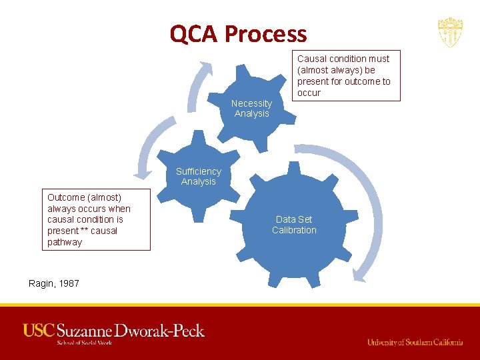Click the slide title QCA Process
coord(238,33)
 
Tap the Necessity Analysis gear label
coord(251,109)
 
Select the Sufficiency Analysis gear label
coord(198,177)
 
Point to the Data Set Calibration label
coord(294,225)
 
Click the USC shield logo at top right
coord(450,32)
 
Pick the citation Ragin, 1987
coord(54,283)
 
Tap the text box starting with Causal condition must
coord(343,75)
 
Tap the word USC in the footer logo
coord(39,330)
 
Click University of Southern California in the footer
coord(415,342)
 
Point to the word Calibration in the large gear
coord(294,230)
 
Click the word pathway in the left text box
coord(65,242)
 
